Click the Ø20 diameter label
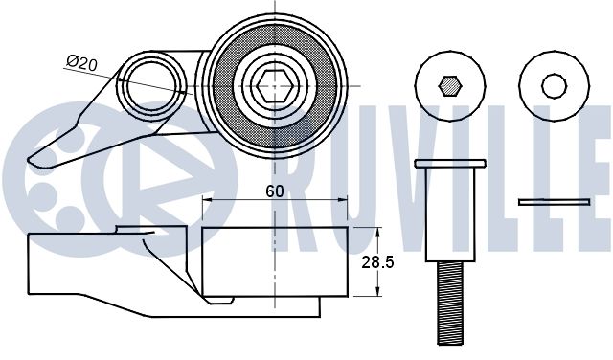click(x=81, y=62)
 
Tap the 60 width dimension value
click(x=275, y=191)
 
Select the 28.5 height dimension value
click(x=377, y=262)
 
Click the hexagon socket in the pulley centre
click(x=275, y=86)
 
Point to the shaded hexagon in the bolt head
click(x=450, y=85)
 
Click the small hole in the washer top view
click(x=554, y=85)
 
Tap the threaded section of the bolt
click(x=450, y=304)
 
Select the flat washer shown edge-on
click(x=554, y=202)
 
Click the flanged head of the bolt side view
click(x=450, y=164)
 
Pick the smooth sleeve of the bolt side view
click(x=450, y=214)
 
